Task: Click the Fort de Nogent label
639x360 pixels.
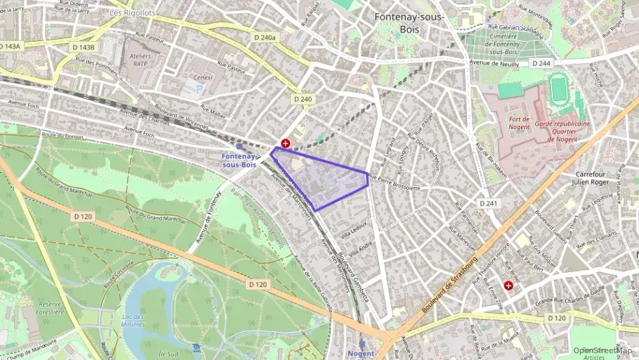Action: (519, 124)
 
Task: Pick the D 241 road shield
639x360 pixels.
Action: (488, 204)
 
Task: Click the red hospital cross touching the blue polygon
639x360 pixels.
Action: (285, 143)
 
